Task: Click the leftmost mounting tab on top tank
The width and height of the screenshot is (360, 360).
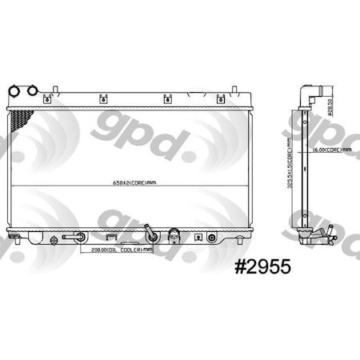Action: (47, 100)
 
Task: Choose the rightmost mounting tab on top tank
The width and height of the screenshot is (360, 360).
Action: (221, 100)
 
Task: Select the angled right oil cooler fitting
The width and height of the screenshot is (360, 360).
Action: (150, 237)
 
